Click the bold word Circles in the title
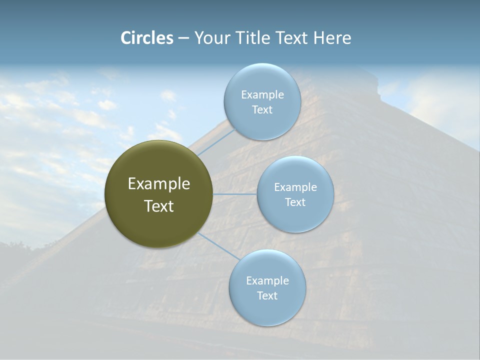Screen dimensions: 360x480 pyautogui.click(x=147, y=38)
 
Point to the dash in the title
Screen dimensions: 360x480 pyautogui.click(x=183, y=38)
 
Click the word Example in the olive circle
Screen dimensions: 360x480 pyautogui.click(x=159, y=184)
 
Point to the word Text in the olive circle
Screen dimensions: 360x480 pyautogui.click(x=159, y=206)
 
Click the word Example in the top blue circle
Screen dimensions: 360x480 pyautogui.click(x=262, y=94)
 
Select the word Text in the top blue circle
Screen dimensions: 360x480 pyautogui.click(x=262, y=110)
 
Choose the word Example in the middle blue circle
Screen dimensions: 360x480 pyautogui.click(x=295, y=187)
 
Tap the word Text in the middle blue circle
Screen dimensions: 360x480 pyautogui.click(x=295, y=202)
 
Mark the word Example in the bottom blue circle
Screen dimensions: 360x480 pyautogui.click(x=267, y=280)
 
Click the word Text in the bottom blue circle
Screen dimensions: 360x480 pyautogui.click(x=267, y=295)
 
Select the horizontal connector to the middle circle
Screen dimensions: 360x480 pyautogui.click(x=235, y=194)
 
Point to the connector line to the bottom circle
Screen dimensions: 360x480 pyautogui.click(x=218, y=246)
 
